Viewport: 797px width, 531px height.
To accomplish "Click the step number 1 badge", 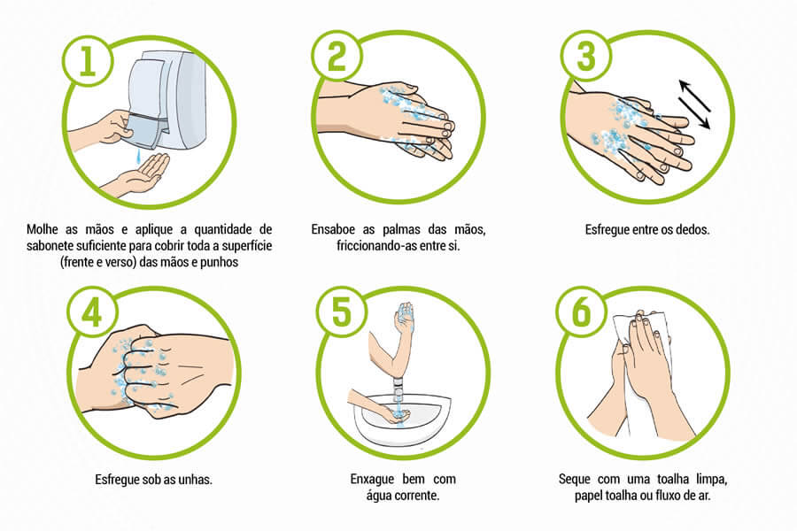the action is [x=88, y=61].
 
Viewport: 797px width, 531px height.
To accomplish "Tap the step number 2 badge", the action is [x=337, y=56].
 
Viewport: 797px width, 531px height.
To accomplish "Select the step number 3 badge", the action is [x=586, y=56].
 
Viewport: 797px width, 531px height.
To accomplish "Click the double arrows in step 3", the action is [x=694, y=104].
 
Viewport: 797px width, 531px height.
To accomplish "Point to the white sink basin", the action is [x=402, y=418].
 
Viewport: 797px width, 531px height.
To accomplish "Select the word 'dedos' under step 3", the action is [x=693, y=230].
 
